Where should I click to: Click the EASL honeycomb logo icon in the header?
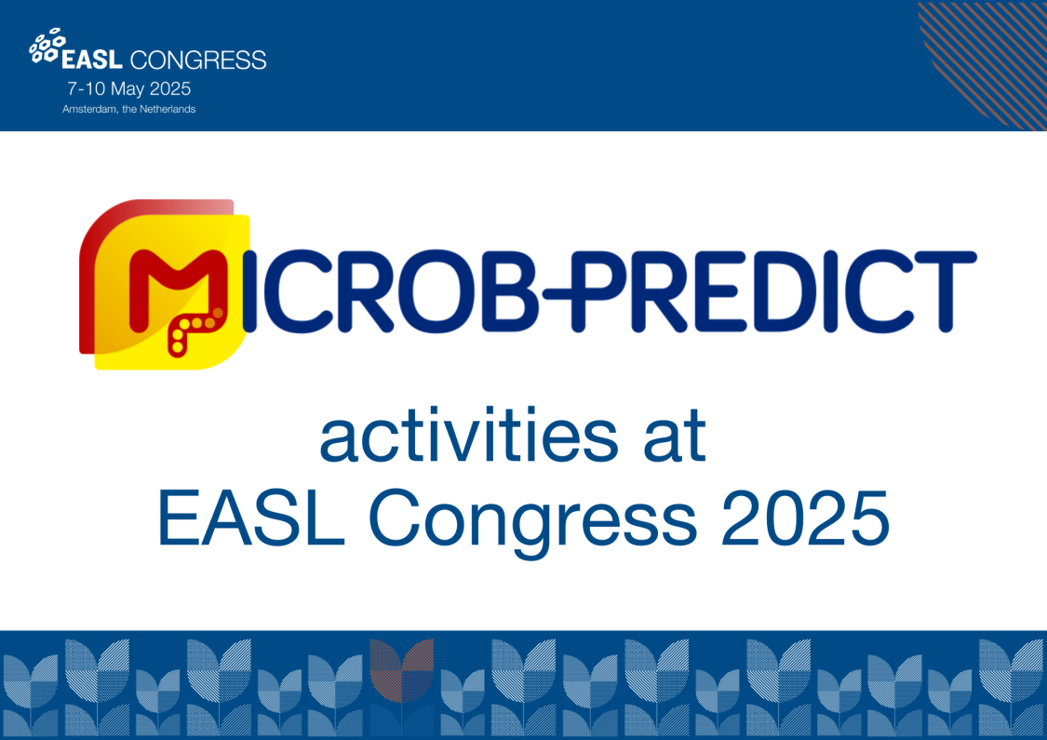pyautogui.click(x=44, y=47)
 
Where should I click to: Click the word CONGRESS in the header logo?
pyautogui.click(x=198, y=61)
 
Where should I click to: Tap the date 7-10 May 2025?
pyautogui.click(x=128, y=89)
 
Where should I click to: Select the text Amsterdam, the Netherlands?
pyautogui.click(x=129, y=109)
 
